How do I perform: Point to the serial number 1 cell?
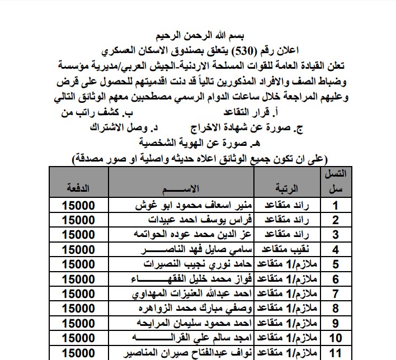pyautogui.click(x=335, y=205)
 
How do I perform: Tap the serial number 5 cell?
pyautogui.click(x=335, y=264)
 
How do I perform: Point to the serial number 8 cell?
pyautogui.click(x=335, y=307)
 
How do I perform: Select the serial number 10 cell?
pyautogui.click(x=335, y=337)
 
